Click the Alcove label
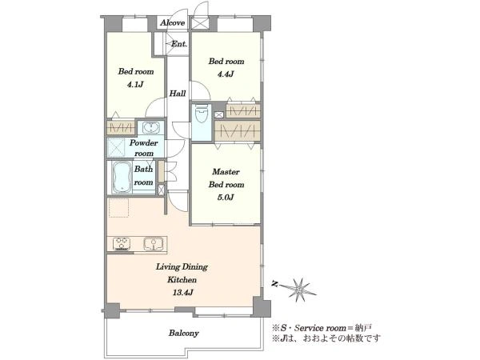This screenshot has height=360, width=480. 172,23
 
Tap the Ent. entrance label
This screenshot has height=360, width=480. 178,44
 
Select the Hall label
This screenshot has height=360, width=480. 178,94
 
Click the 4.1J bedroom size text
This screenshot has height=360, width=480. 135,85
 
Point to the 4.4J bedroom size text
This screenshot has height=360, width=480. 226,74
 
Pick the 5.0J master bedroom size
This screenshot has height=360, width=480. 226,198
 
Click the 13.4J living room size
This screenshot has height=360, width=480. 182,293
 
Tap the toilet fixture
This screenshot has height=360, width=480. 202,114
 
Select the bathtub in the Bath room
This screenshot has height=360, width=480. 122,178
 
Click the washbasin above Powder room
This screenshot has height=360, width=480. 150,128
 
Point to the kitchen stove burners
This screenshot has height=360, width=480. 122,244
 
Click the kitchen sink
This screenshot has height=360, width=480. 153,244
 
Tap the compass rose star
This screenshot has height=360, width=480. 298,289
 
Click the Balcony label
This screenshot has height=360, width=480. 184,333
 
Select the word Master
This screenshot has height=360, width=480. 226,172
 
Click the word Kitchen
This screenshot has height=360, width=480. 182,280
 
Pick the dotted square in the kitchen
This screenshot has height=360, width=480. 118,208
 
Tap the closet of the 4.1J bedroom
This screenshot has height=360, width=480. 121,128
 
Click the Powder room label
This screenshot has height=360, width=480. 144,148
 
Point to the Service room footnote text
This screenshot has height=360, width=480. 322,328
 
